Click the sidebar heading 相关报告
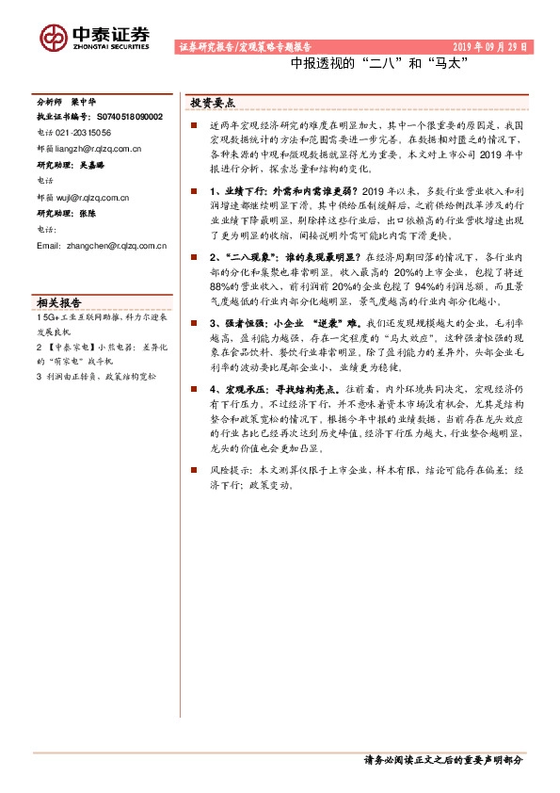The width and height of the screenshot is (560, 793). [58, 277]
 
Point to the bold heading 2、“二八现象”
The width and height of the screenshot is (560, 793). [247, 256]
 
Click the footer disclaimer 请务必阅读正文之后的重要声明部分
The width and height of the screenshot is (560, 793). [441, 759]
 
